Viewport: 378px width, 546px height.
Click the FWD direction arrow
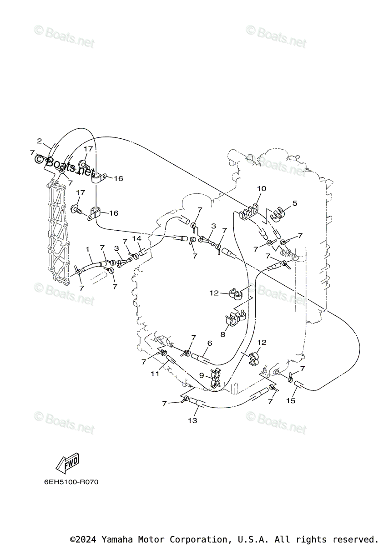click(67, 463)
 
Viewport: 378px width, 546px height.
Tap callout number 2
click(40, 141)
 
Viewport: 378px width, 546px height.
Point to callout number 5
click(294, 203)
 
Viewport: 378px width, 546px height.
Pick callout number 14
click(136, 238)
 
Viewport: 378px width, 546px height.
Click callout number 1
click(88, 249)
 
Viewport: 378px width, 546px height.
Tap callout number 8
click(223, 334)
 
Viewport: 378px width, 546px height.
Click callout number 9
click(202, 375)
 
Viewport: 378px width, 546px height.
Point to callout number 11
click(155, 374)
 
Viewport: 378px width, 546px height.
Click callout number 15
click(291, 400)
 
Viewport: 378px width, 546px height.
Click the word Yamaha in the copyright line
click(116, 539)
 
